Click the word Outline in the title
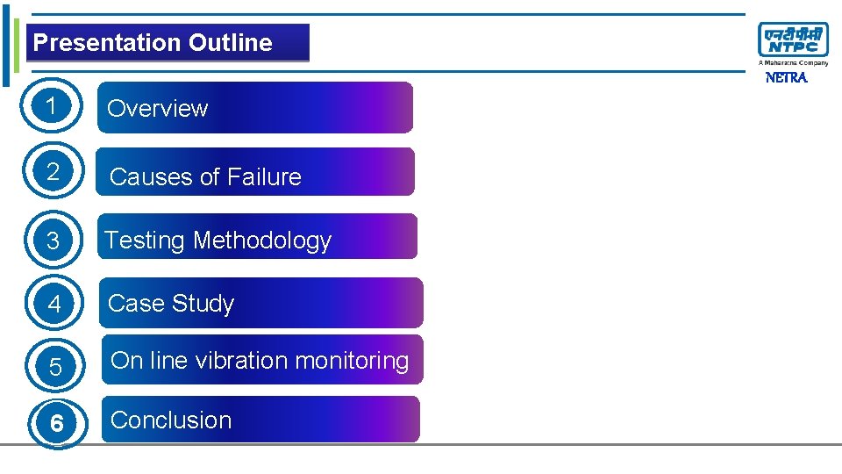pyautogui.click(x=230, y=43)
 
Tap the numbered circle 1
pyautogui.click(x=54, y=107)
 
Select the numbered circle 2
pyautogui.click(x=54, y=172)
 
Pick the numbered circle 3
pyautogui.click(x=54, y=240)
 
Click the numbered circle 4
pyautogui.click(x=54, y=305)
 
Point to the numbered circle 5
pyautogui.click(x=55, y=367)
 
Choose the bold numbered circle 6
pyautogui.click(x=56, y=424)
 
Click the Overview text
pyautogui.click(x=157, y=109)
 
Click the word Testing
pyautogui.click(x=146, y=241)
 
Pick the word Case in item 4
pyautogui.click(x=135, y=304)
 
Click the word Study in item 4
pyautogui.click(x=203, y=304)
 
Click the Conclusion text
pyautogui.click(x=171, y=420)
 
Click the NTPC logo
pyautogui.click(x=793, y=42)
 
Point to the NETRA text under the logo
pyautogui.click(x=786, y=77)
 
